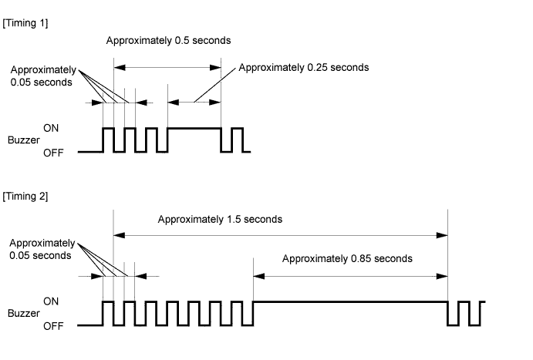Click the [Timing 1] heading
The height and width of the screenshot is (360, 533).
pos(25,23)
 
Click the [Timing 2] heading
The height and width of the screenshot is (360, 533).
pos(25,197)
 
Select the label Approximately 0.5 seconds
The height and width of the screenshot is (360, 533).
pos(168,41)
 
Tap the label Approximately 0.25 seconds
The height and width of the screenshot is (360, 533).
pos(304,68)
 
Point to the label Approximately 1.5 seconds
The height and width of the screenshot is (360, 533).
pos(220,220)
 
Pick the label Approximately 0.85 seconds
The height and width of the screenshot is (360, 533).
pos(347,259)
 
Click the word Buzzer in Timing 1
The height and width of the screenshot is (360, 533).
pos(23,140)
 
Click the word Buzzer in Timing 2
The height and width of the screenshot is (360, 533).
pos(23,313)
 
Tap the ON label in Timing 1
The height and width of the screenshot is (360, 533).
pos(51,128)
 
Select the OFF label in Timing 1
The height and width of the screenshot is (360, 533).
pos(53,153)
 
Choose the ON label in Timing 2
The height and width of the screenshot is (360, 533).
pos(51,301)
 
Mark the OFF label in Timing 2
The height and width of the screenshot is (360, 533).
pos(53,326)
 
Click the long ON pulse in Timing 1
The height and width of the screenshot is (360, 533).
pos(194,129)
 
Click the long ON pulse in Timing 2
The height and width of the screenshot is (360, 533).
pos(350,301)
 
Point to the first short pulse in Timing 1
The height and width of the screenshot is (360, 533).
pos(109,129)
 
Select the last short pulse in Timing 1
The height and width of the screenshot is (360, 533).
pos(238,129)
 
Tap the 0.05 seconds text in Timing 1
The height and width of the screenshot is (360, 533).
pos(41,82)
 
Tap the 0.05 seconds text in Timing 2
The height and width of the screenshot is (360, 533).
pos(40,256)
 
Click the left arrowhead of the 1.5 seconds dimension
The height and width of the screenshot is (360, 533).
pos(119,235)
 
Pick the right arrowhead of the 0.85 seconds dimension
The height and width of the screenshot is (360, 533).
pos(442,276)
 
